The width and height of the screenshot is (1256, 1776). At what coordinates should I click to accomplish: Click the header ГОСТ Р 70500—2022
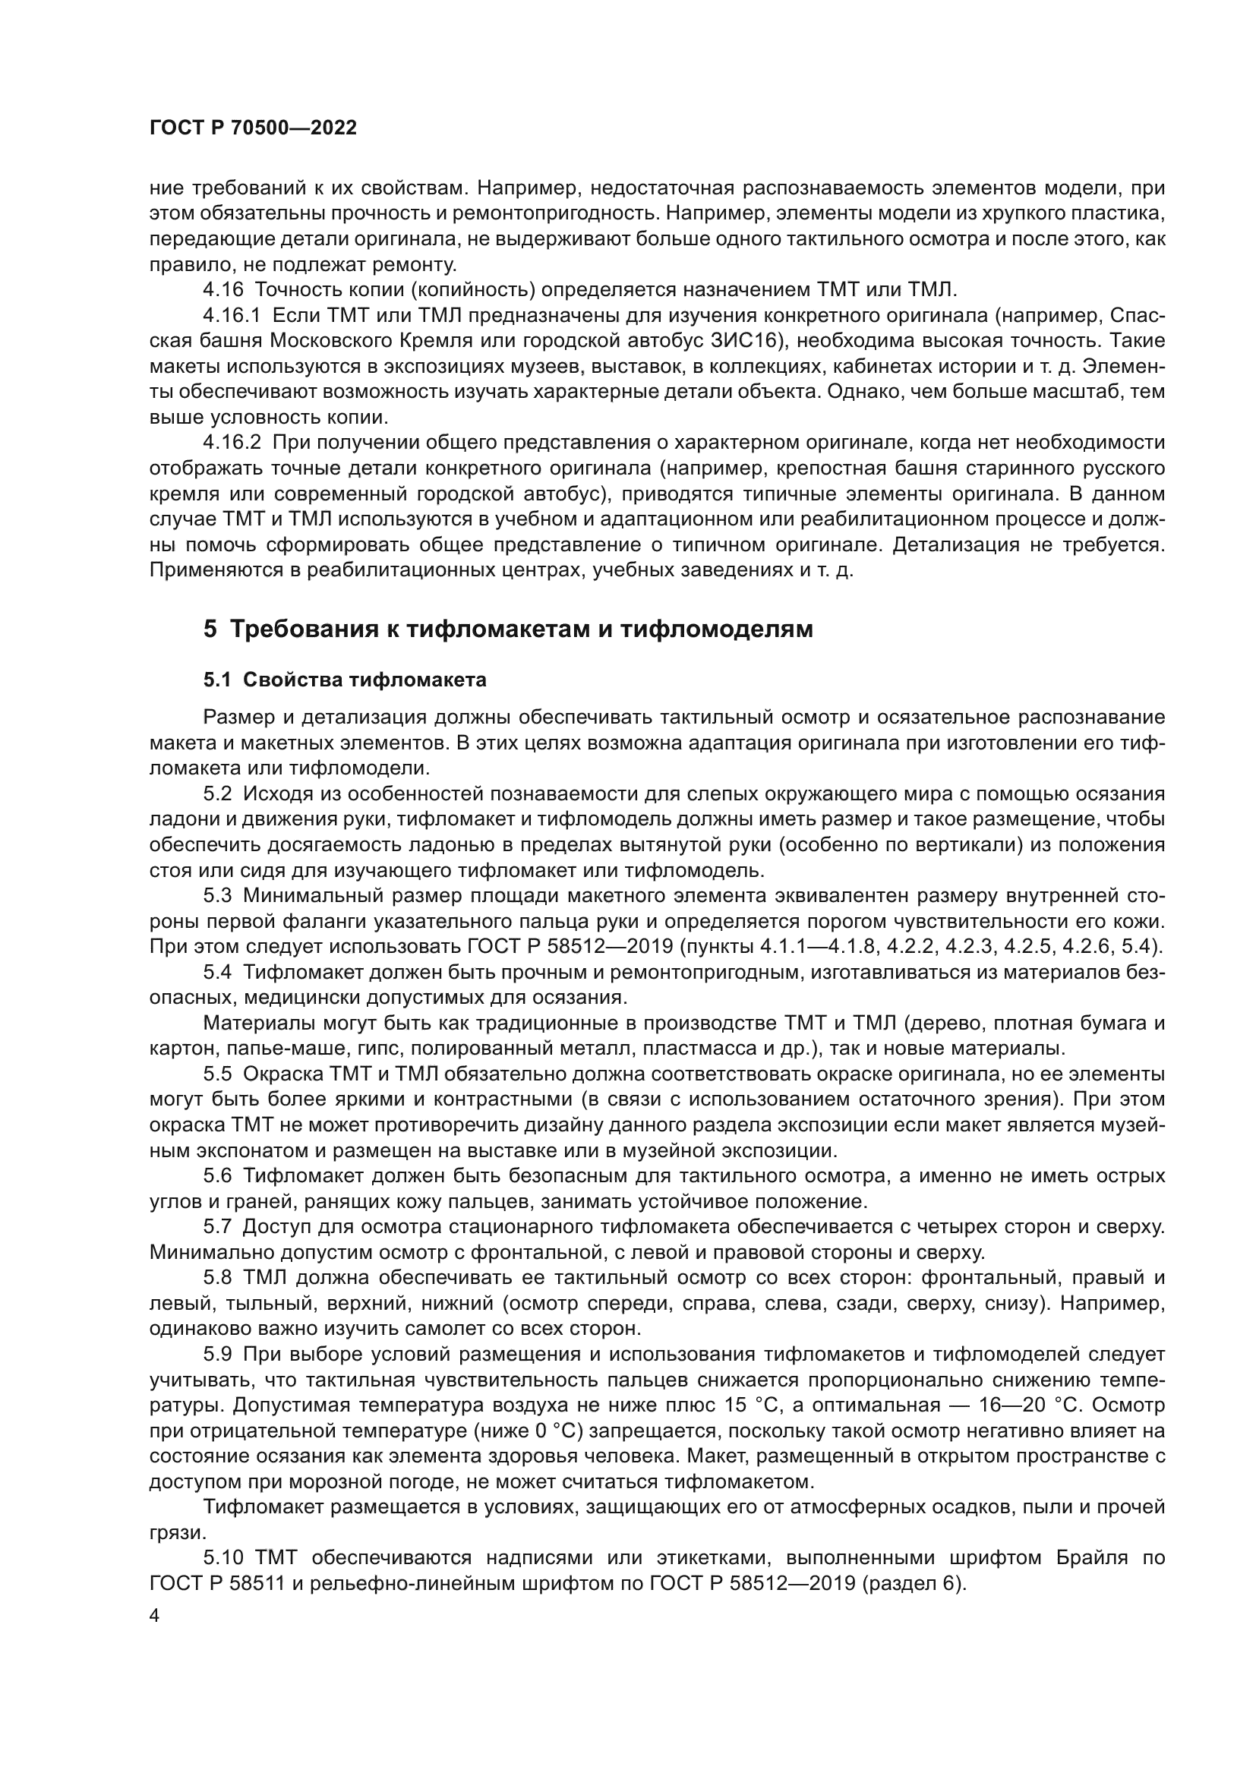click(x=253, y=128)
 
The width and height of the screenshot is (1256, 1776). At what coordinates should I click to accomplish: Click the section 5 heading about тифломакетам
click(x=508, y=629)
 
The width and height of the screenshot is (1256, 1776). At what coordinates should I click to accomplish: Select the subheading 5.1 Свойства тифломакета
click(x=345, y=680)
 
